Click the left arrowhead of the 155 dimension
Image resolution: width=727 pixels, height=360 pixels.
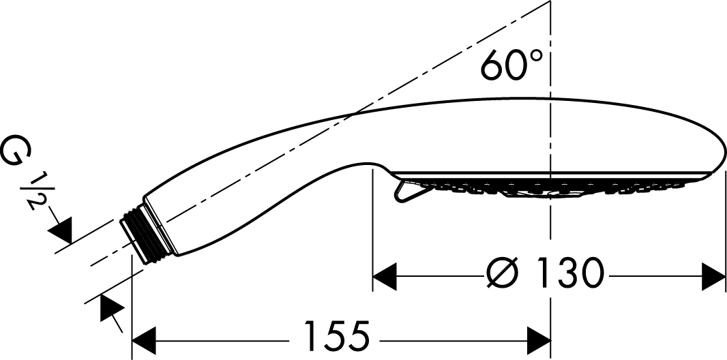(144, 341)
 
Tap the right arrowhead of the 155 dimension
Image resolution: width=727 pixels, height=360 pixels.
(539, 341)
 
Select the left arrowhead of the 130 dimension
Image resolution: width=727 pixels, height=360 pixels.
(385, 277)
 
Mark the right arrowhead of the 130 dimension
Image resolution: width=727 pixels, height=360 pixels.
(713, 277)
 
